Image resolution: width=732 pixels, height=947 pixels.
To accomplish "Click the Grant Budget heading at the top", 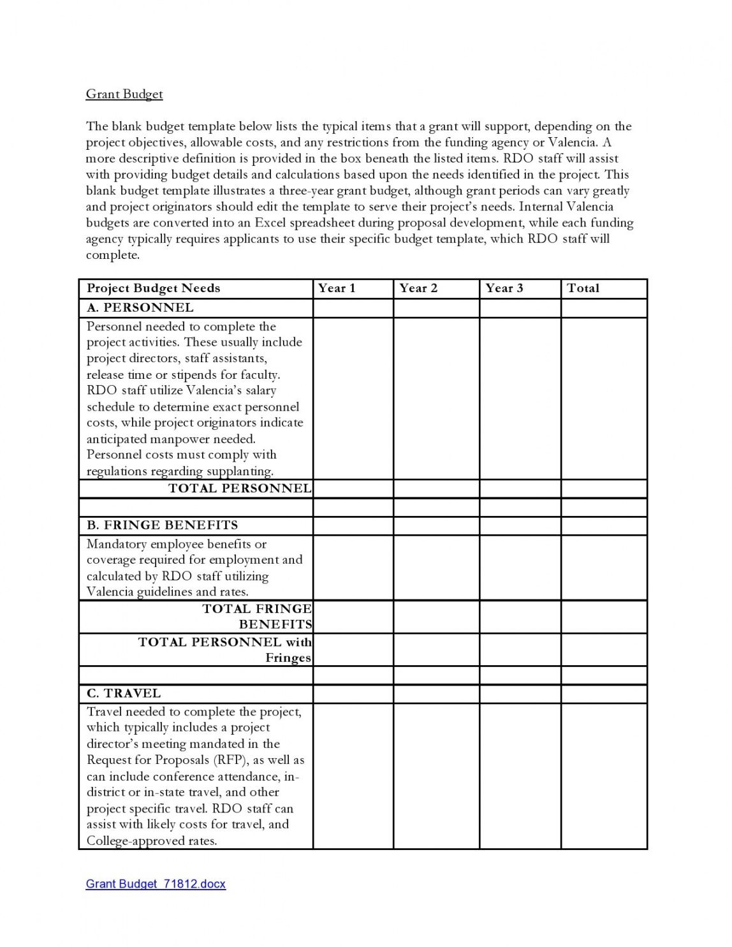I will click(x=124, y=94).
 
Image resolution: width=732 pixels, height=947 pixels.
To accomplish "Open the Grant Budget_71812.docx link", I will click(x=156, y=884).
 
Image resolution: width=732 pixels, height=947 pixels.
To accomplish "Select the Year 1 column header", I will click(x=337, y=288).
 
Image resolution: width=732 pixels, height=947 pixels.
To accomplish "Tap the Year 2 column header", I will click(x=418, y=288).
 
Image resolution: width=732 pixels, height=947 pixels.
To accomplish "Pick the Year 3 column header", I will click(x=504, y=288).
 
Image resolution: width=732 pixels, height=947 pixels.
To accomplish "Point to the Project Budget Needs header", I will click(x=153, y=288).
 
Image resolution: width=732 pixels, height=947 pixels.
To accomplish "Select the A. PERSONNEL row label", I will click(x=140, y=307).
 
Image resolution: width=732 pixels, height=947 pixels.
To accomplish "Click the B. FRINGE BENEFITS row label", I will click(x=162, y=525).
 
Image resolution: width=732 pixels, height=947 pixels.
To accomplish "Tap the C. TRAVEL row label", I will click(x=124, y=693).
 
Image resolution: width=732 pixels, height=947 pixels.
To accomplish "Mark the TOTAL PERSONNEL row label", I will click(x=240, y=488).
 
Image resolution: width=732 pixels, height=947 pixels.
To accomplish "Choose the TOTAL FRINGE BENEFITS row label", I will click(x=258, y=617).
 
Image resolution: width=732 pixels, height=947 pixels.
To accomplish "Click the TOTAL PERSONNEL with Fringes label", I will click(x=225, y=650).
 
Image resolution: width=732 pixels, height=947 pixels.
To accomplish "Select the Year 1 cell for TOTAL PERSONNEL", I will click(x=353, y=488).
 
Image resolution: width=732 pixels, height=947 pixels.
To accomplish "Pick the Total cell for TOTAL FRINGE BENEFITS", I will click(x=603, y=617).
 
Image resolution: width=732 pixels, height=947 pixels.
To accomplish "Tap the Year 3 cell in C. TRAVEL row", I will click(x=520, y=693).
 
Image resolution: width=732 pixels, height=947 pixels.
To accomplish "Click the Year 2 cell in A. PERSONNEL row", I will click(x=436, y=307).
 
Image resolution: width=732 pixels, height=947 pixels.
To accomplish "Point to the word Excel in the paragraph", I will click(x=270, y=223).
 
